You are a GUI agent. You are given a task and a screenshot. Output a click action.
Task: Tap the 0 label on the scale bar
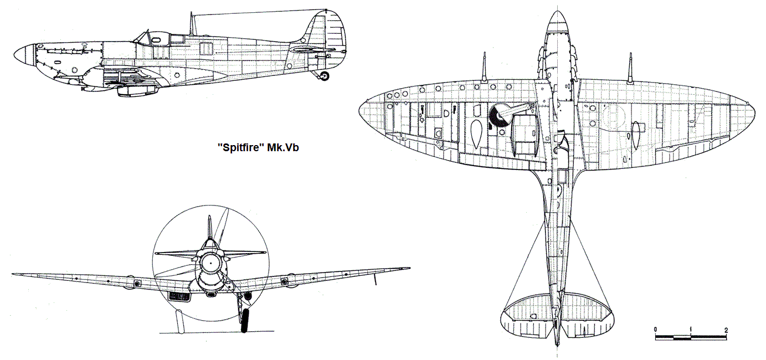[x=655, y=330]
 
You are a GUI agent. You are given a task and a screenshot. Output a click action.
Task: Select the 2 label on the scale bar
[x=726, y=330]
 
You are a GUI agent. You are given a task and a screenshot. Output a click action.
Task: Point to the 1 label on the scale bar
[x=691, y=330]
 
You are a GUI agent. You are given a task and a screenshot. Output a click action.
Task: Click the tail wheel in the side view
[x=325, y=76]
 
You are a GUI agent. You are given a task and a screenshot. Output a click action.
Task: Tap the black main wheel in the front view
[x=244, y=320]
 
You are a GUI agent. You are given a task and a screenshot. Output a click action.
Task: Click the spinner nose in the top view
[x=557, y=20]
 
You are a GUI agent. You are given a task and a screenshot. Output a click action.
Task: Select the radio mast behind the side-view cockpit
[x=192, y=23]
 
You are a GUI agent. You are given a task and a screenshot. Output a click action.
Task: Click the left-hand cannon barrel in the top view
[x=484, y=67]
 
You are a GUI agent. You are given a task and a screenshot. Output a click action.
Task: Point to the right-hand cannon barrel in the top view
[x=630, y=68]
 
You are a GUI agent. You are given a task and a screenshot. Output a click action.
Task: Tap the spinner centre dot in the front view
[x=210, y=263]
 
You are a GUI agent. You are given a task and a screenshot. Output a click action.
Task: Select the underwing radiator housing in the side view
[x=137, y=91]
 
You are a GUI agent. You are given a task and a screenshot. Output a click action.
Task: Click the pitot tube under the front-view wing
[x=375, y=279]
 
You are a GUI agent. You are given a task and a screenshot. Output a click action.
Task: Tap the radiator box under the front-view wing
[x=179, y=297]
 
